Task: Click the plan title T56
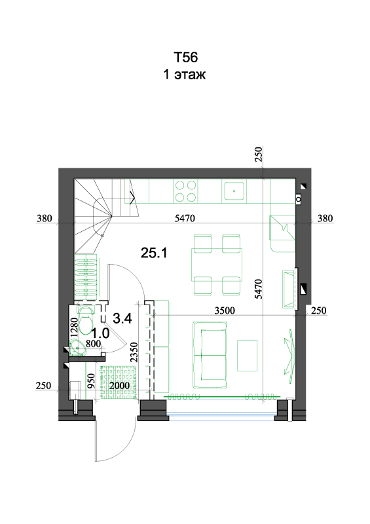point(185,58)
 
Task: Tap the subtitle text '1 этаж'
point(185,74)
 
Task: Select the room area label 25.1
point(154,253)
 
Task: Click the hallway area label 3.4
point(122,318)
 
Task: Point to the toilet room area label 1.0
point(100,333)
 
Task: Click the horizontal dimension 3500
point(225,310)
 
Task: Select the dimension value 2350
point(134,352)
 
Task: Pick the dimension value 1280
point(74,326)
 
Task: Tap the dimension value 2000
point(119,386)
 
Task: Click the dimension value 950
point(91,381)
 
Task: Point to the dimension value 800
point(93,344)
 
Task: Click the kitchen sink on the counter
point(234,191)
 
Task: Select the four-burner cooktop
point(185,191)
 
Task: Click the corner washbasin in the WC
point(78,348)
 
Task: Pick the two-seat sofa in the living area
point(210,355)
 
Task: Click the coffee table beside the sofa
point(248,356)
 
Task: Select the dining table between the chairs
point(217,265)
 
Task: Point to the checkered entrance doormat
point(119,383)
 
